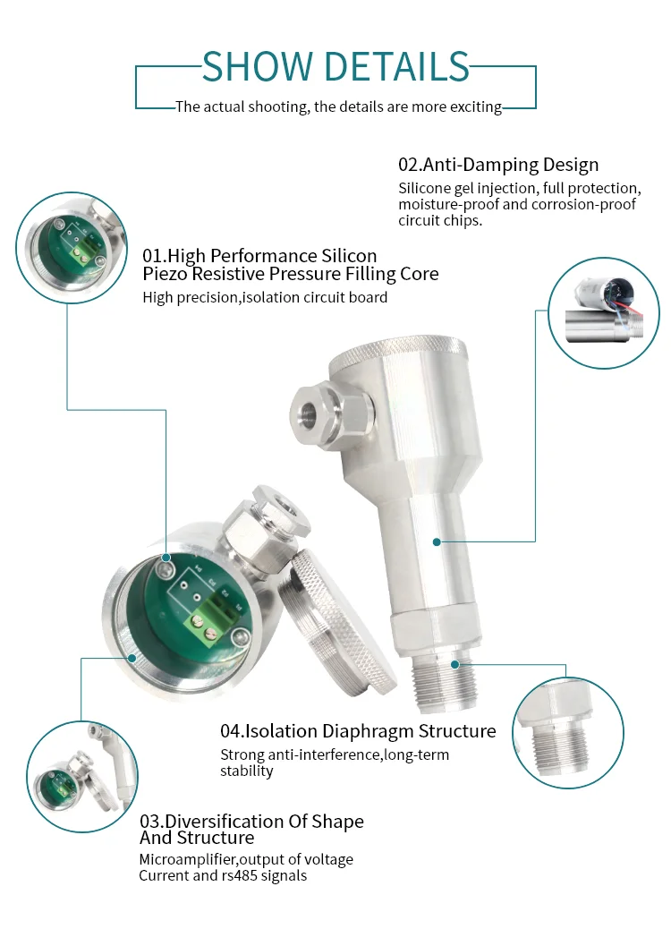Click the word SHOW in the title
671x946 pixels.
tap(257, 67)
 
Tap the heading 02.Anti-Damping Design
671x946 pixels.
tap(498, 165)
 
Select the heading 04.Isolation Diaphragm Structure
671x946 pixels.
tap(358, 731)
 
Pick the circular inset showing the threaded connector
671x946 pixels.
tap(568, 733)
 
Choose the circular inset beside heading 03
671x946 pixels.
tap(81, 774)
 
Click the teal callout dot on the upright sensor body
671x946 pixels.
tap(437, 541)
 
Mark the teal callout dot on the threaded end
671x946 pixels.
tap(454, 664)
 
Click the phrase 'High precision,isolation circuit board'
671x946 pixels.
tap(265, 297)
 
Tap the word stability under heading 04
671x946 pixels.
tap(247, 771)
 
